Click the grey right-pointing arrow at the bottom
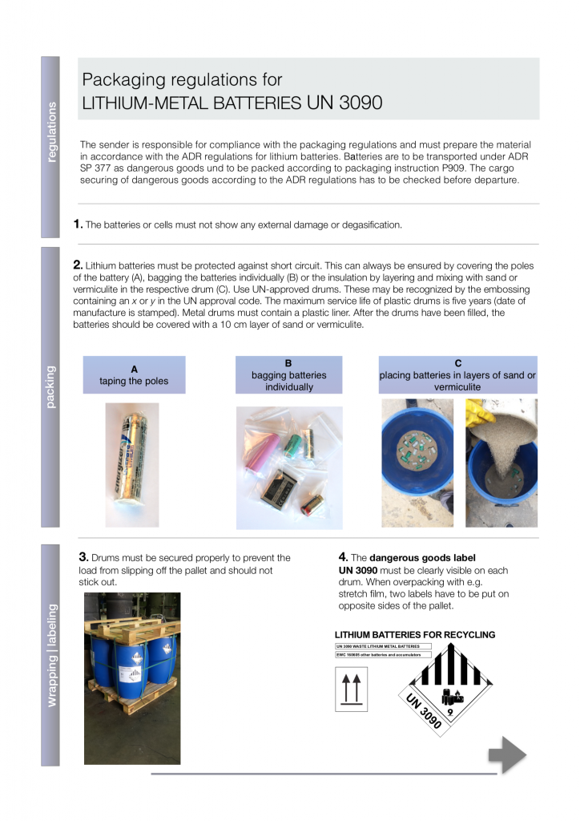[507, 754]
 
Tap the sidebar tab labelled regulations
[50, 147]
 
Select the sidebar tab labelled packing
[50, 387]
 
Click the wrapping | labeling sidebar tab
[50, 654]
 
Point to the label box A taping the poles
[134, 375]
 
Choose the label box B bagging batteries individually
[288, 374]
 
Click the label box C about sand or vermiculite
[457, 374]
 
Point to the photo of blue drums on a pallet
[132, 678]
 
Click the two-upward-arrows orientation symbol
[351, 690]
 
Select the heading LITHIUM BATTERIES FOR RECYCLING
[415, 635]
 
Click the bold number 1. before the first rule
[78, 224]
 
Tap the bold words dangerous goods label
[422, 558]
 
